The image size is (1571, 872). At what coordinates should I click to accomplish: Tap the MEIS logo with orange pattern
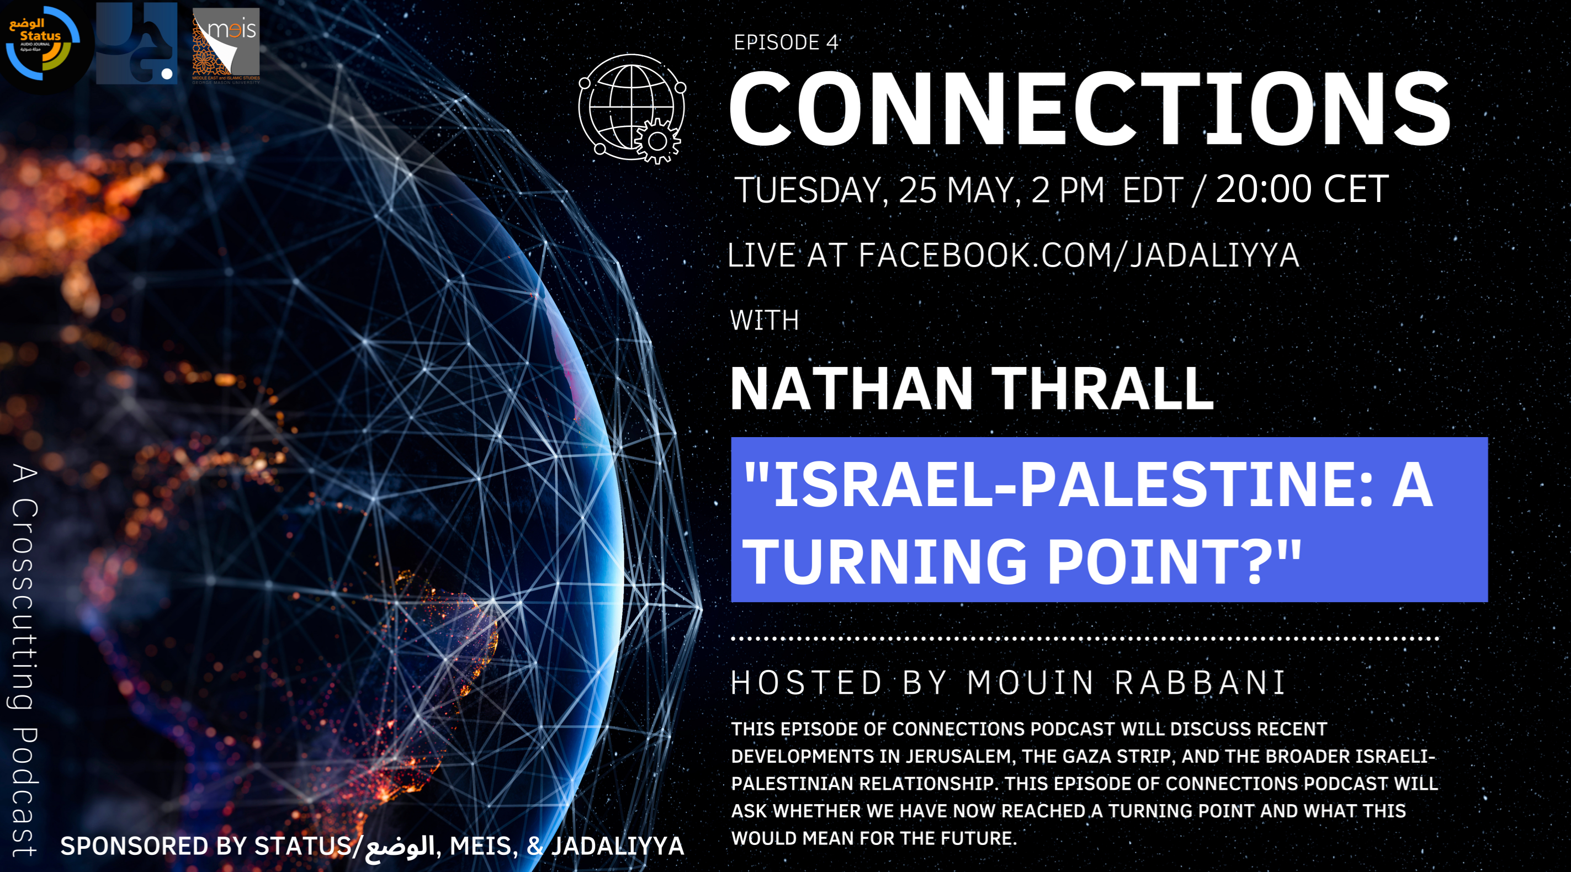[226, 45]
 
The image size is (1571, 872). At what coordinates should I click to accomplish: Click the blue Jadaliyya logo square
[136, 43]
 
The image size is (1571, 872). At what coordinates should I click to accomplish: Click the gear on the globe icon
[657, 141]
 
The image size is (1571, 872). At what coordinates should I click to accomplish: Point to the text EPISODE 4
[785, 42]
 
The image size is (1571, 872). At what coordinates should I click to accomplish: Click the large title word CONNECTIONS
[1090, 109]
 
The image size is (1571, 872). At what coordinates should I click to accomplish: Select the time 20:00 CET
[1302, 189]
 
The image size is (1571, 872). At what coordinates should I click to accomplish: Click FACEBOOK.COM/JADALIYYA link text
[1079, 255]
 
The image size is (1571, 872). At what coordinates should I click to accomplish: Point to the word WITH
[764, 320]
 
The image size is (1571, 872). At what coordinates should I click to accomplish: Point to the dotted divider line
[1085, 639]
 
